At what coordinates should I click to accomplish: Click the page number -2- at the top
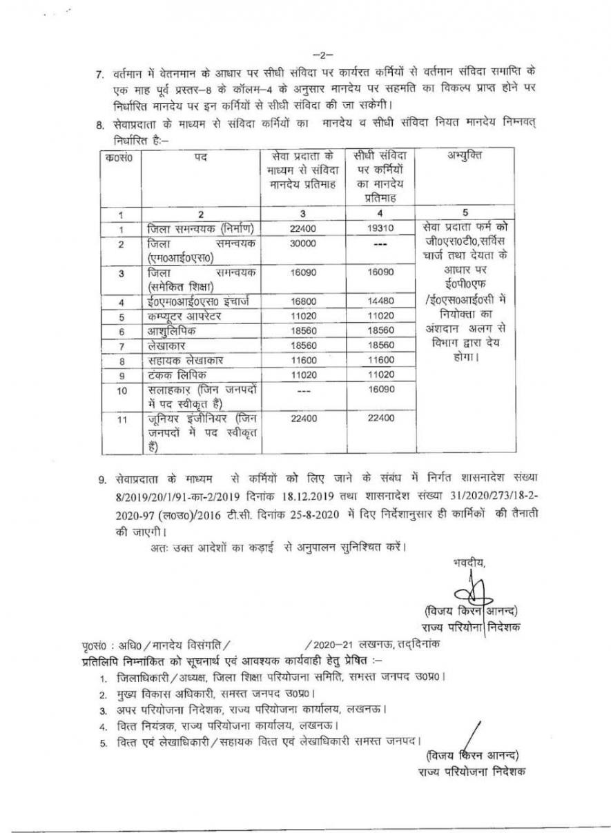click(x=321, y=53)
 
